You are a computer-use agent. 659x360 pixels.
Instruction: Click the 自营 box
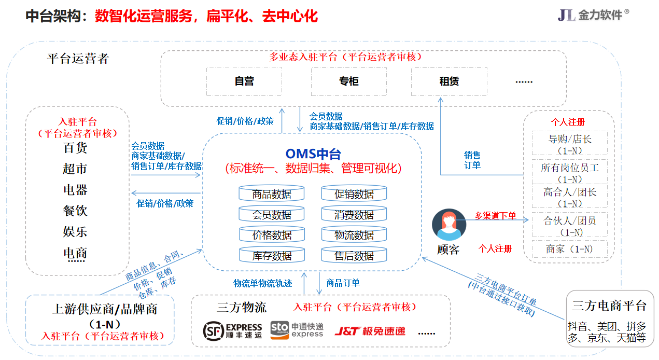[x=244, y=81]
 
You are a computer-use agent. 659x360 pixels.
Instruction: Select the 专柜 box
[x=349, y=81]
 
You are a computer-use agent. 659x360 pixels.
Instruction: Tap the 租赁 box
[x=449, y=81]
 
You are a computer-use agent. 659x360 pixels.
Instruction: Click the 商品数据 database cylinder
[x=272, y=194]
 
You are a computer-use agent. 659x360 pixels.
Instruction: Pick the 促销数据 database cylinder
[x=354, y=194]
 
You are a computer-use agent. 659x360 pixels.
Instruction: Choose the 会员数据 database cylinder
[x=272, y=214]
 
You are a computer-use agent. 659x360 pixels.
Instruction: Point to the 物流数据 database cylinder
[x=354, y=234]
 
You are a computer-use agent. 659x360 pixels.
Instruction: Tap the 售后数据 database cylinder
[x=354, y=255]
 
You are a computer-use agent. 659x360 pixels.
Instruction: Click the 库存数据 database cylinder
[x=272, y=255]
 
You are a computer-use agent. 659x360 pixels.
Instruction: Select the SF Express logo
[x=233, y=330]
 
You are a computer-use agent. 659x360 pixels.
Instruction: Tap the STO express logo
[x=297, y=330]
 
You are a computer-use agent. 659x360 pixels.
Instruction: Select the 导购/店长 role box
[x=570, y=143]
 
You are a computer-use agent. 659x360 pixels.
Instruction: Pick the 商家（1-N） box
[x=569, y=249]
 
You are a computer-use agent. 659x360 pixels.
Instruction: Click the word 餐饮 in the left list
[x=75, y=211]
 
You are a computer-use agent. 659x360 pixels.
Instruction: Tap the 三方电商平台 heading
[x=609, y=306]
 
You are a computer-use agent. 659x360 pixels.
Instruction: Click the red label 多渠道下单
[x=495, y=215]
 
